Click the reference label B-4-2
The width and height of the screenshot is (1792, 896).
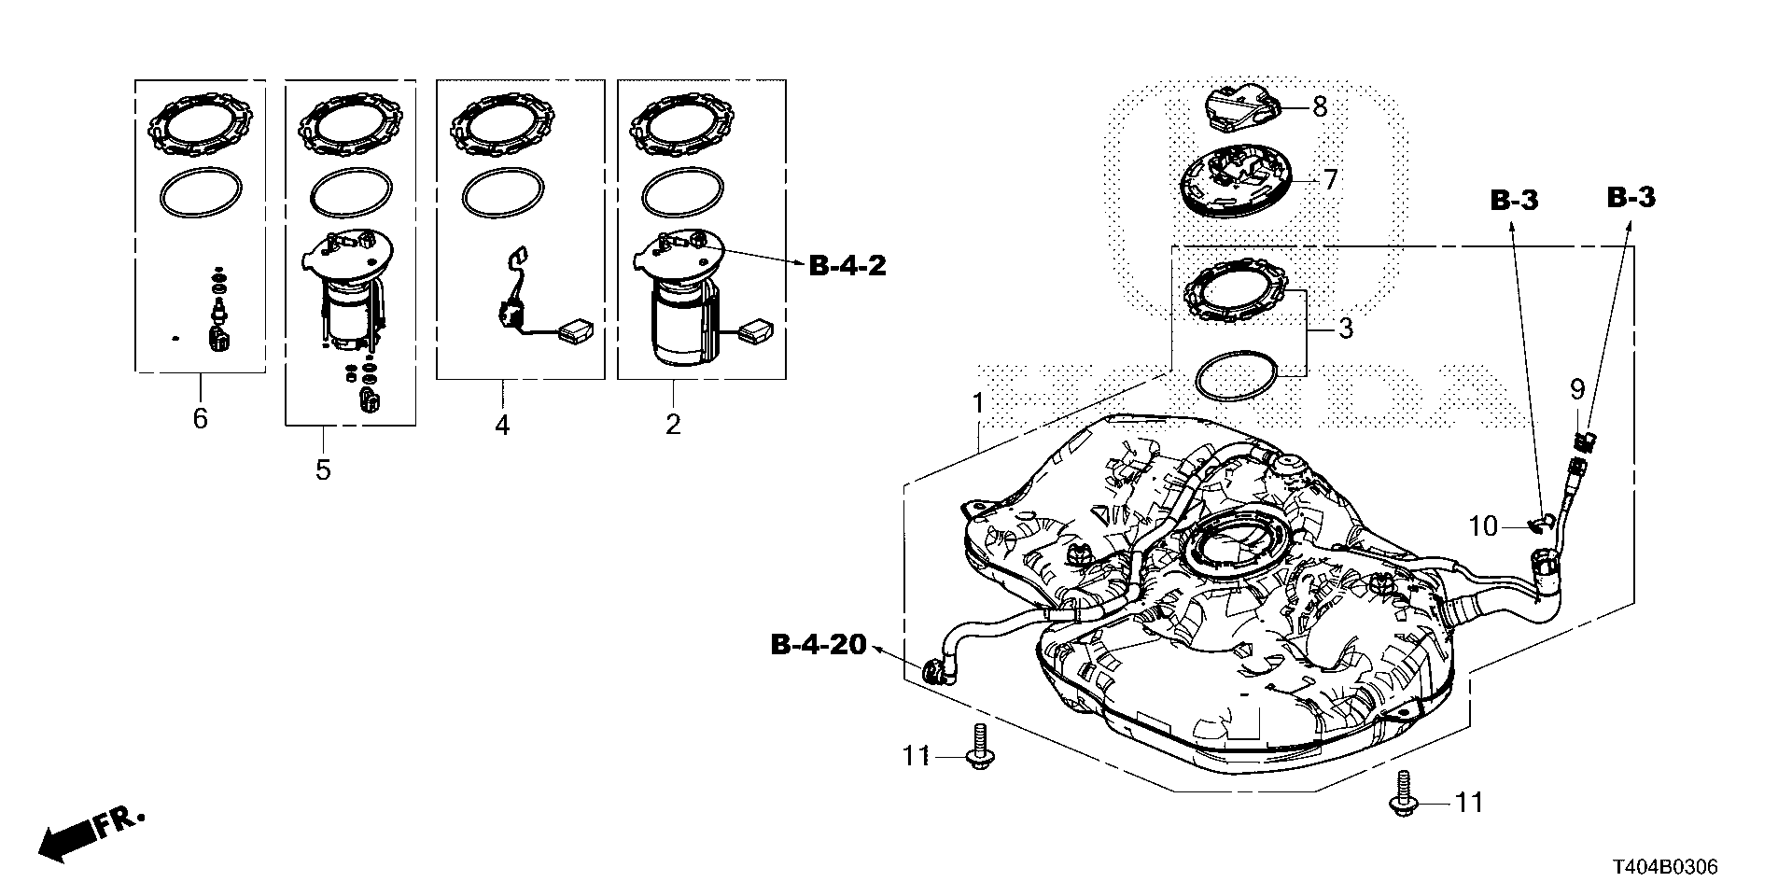pyautogui.click(x=847, y=267)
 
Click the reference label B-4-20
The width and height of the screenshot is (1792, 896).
pyautogui.click(x=819, y=645)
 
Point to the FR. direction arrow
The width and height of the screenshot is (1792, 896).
pyautogui.click(x=91, y=834)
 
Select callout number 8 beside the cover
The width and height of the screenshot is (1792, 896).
pyautogui.click(x=1319, y=106)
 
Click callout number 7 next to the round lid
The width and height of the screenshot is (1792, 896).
pyautogui.click(x=1329, y=179)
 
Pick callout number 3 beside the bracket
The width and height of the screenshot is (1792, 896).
pyautogui.click(x=1344, y=329)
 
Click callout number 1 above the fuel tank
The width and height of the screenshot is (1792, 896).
pyautogui.click(x=978, y=404)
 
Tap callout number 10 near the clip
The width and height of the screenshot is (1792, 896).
pyautogui.click(x=1483, y=527)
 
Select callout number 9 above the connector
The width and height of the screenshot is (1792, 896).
pyautogui.click(x=1576, y=387)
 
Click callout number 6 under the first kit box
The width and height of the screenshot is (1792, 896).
pyautogui.click(x=200, y=418)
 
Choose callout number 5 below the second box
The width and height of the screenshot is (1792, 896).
pyautogui.click(x=323, y=469)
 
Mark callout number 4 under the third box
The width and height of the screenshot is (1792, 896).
pyautogui.click(x=502, y=426)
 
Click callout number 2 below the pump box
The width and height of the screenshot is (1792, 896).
pyautogui.click(x=673, y=426)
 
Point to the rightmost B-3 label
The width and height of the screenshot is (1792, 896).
pyautogui.click(x=1631, y=197)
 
